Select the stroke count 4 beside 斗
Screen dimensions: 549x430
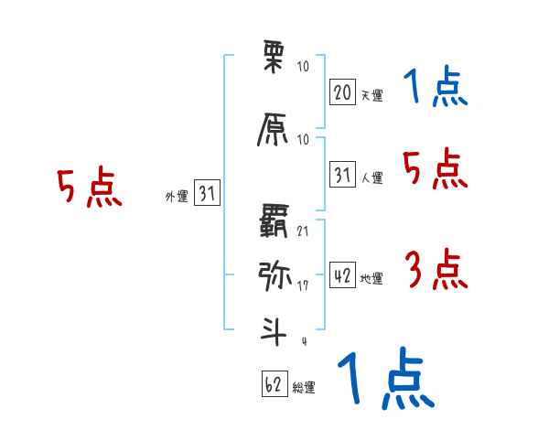(x=303, y=342)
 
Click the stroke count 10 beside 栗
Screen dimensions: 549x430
(x=304, y=67)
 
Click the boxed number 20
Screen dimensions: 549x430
(x=342, y=92)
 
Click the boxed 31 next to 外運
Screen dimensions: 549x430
(x=207, y=193)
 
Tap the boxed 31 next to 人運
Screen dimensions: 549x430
(x=342, y=175)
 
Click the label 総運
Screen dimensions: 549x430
(x=304, y=388)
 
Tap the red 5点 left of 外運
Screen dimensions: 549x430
(x=89, y=188)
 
